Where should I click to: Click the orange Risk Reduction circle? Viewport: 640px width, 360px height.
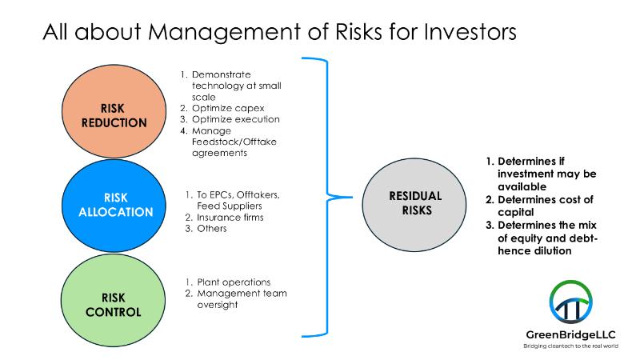pyautogui.click(x=114, y=111)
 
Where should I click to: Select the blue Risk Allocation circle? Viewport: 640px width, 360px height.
pyautogui.click(x=114, y=206)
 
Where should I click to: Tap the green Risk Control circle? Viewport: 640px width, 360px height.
pyautogui.click(x=113, y=301)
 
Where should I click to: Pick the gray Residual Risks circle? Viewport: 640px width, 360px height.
pyautogui.click(x=414, y=205)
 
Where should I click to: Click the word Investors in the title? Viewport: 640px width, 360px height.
pyautogui.click(x=470, y=32)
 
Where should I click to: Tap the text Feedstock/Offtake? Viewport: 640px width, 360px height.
pyautogui.click(x=234, y=142)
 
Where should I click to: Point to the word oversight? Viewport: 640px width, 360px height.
pyautogui.click(x=217, y=305)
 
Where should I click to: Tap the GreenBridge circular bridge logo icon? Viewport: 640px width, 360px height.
pyautogui.click(x=570, y=302)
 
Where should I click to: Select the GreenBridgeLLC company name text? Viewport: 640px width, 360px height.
pyautogui.click(x=570, y=334)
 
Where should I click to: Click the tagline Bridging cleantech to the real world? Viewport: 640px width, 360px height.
pyautogui.click(x=570, y=346)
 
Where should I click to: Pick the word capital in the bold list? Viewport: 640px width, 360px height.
pyautogui.click(x=515, y=213)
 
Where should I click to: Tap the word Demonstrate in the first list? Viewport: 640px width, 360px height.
pyautogui.click(x=222, y=74)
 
